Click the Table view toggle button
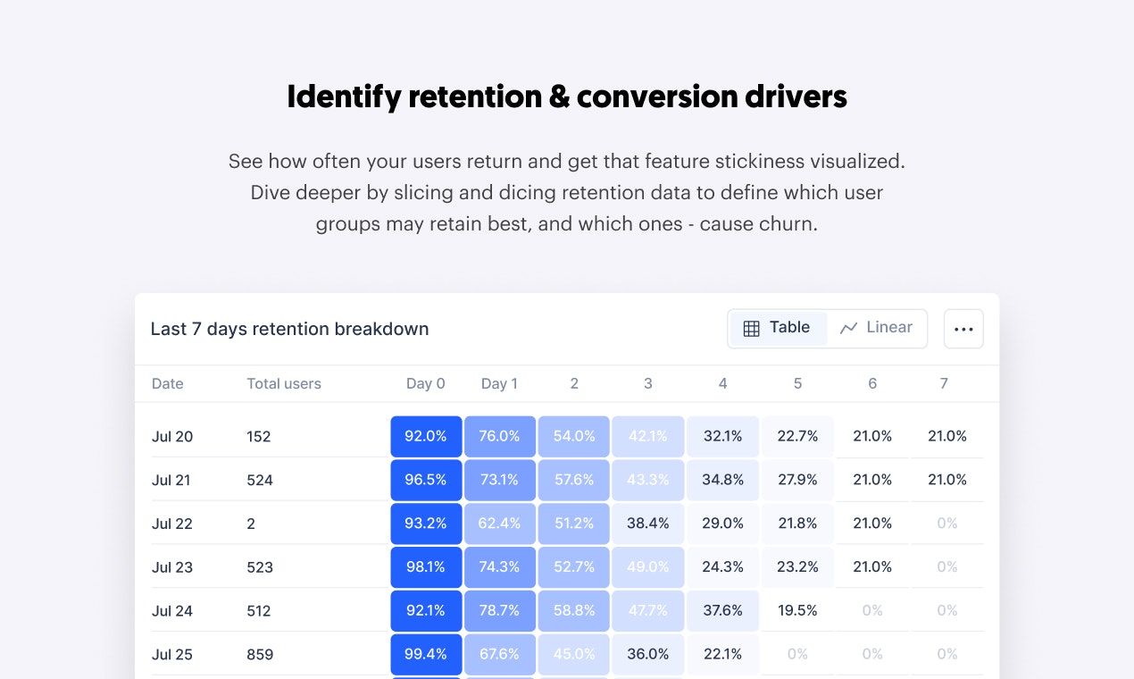[777, 328]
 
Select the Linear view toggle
[877, 328]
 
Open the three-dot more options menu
[963, 329]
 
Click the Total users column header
[283, 384]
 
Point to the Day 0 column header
[425, 384]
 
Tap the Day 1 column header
[499, 384]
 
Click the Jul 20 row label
[172, 437]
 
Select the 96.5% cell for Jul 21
[426, 480]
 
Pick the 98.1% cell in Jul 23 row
[426, 567]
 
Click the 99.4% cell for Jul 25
[426, 655]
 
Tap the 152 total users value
[258, 437]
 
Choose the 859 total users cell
[260, 655]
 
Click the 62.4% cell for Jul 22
[500, 524]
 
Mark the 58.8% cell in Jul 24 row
[574, 611]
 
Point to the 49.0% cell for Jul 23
[648, 567]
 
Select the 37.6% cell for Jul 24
[723, 611]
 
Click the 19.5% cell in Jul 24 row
[797, 611]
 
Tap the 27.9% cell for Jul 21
[797, 480]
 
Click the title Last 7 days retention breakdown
[289, 329]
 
